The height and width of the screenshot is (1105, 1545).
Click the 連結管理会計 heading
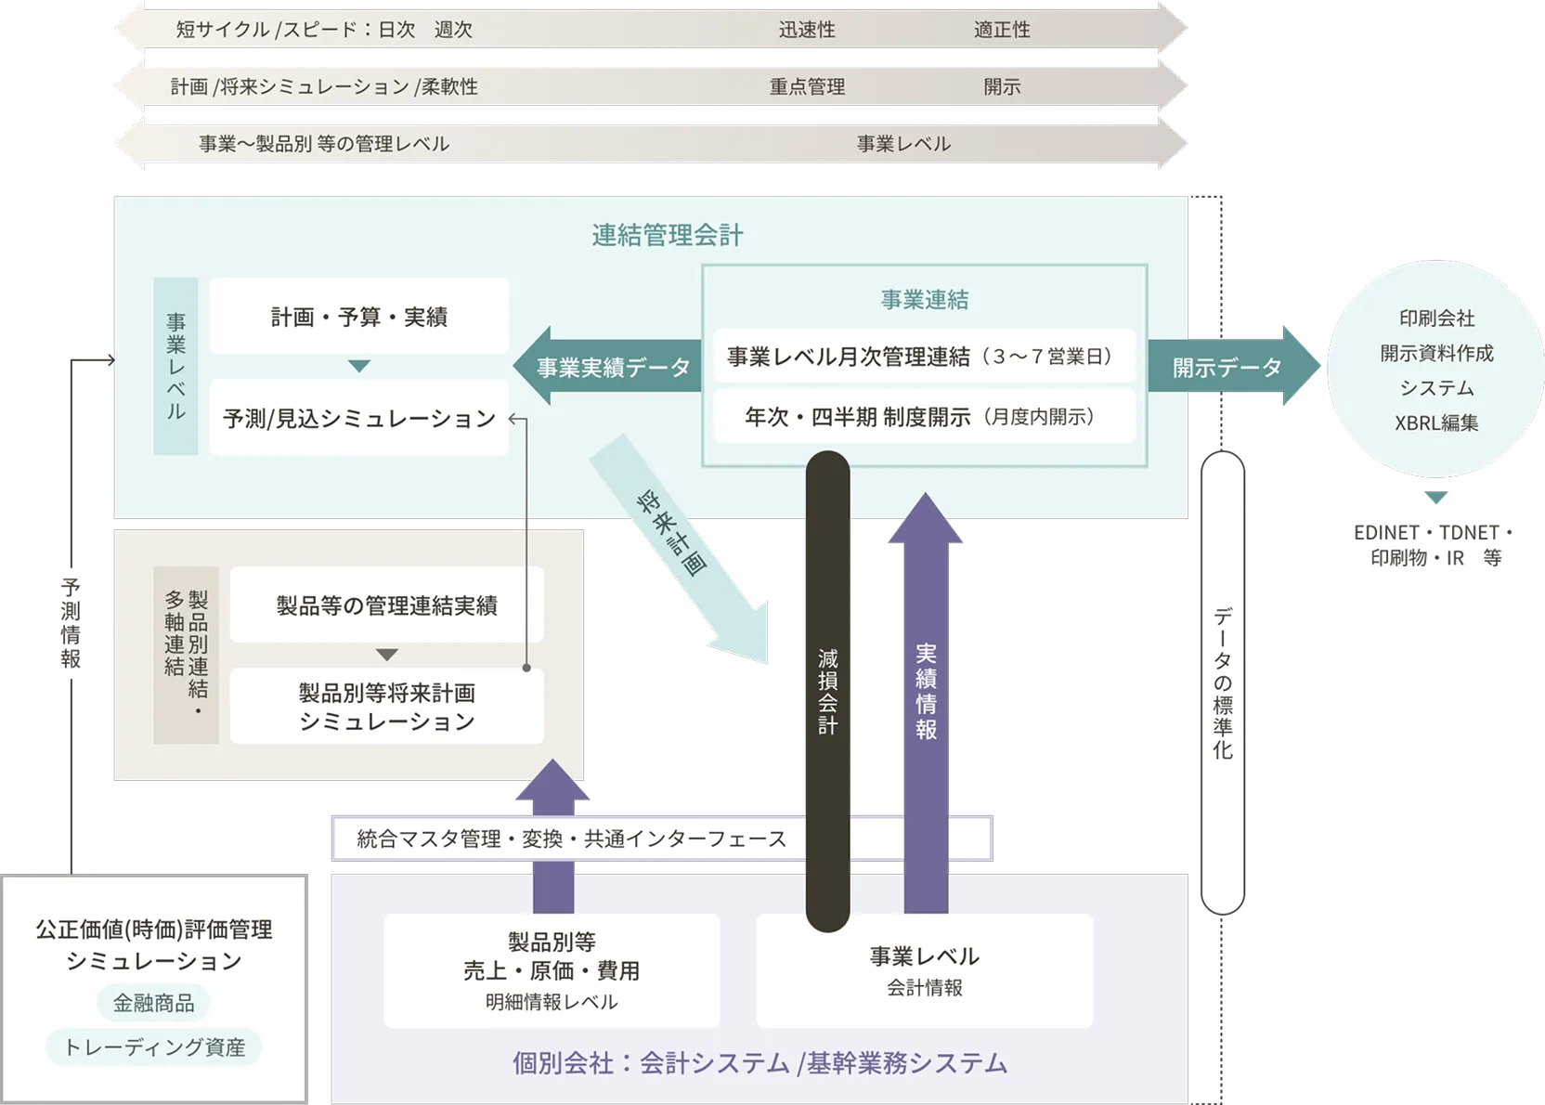(x=667, y=235)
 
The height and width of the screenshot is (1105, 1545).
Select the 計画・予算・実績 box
(x=358, y=317)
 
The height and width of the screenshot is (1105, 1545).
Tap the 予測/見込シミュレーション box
(x=358, y=419)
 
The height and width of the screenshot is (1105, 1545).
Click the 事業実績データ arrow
(x=612, y=368)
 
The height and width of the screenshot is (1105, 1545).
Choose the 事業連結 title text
(x=924, y=300)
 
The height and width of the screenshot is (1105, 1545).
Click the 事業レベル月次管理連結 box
(x=923, y=357)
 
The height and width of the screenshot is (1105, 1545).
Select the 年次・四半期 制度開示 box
(x=923, y=417)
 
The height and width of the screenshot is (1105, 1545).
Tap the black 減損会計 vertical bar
(x=827, y=692)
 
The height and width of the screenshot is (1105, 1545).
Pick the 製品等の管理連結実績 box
(x=386, y=606)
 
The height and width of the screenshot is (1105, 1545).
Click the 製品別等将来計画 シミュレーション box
(x=386, y=707)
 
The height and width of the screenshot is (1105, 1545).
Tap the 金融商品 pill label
(x=153, y=1003)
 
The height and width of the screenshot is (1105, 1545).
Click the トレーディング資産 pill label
(x=153, y=1047)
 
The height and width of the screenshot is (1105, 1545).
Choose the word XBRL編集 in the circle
(x=1435, y=423)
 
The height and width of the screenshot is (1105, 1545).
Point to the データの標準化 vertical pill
(x=1222, y=682)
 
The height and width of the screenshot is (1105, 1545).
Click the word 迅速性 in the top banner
(x=807, y=30)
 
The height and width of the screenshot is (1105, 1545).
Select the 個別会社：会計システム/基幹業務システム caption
(x=759, y=1063)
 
